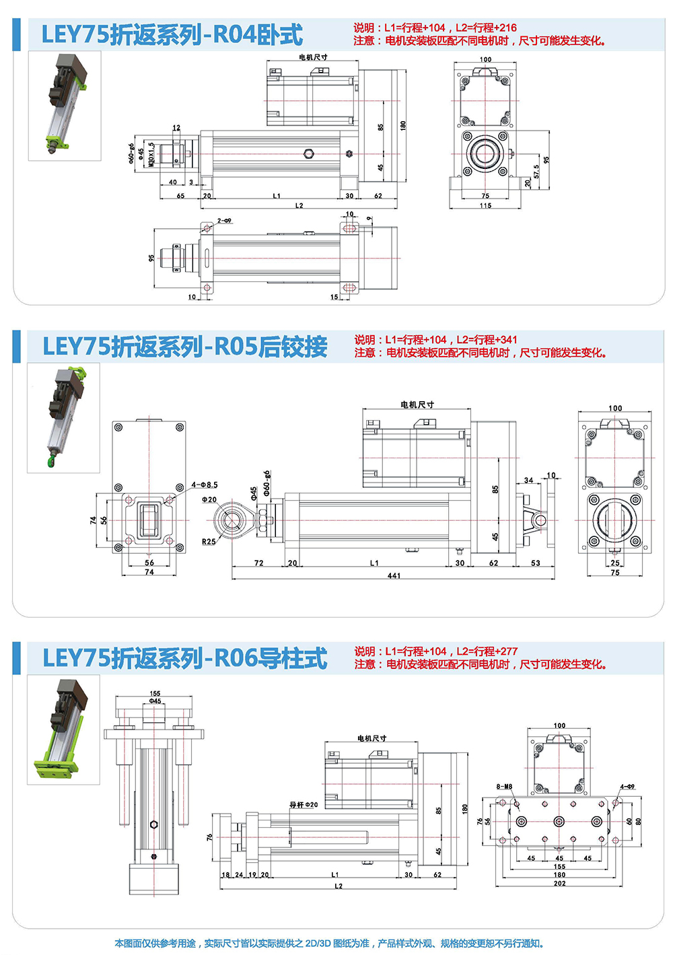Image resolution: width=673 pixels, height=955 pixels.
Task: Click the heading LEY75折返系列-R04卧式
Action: [x=172, y=34]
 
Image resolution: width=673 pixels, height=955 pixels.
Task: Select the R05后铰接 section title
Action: [x=185, y=346]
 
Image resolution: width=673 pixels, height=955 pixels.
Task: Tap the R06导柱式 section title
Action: [x=185, y=658]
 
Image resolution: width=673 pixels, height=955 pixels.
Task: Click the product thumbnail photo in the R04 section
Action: [x=65, y=106]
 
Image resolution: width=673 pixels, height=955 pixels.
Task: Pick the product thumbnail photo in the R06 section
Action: [x=63, y=730]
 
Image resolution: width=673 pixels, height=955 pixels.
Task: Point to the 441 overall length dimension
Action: [x=394, y=575]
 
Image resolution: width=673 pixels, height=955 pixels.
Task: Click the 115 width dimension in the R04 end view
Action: [x=485, y=205]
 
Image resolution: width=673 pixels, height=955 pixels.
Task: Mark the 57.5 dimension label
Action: [x=536, y=172]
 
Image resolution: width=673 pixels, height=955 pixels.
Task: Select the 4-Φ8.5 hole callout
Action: [x=205, y=485]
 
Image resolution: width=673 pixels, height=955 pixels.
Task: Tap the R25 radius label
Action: [x=209, y=542]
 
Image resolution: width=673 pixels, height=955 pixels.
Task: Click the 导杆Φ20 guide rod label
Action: [x=304, y=804]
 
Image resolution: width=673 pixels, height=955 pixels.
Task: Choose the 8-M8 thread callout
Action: [x=504, y=786]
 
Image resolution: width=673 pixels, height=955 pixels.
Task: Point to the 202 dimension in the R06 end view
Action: [x=559, y=884]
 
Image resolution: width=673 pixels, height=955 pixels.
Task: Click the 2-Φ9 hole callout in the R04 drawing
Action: [x=224, y=221]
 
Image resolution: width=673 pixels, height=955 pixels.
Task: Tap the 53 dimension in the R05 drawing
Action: [x=535, y=563]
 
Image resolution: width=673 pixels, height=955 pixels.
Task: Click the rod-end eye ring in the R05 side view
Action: [x=233, y=520]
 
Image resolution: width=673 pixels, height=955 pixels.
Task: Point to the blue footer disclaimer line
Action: [x=329, y=944]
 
